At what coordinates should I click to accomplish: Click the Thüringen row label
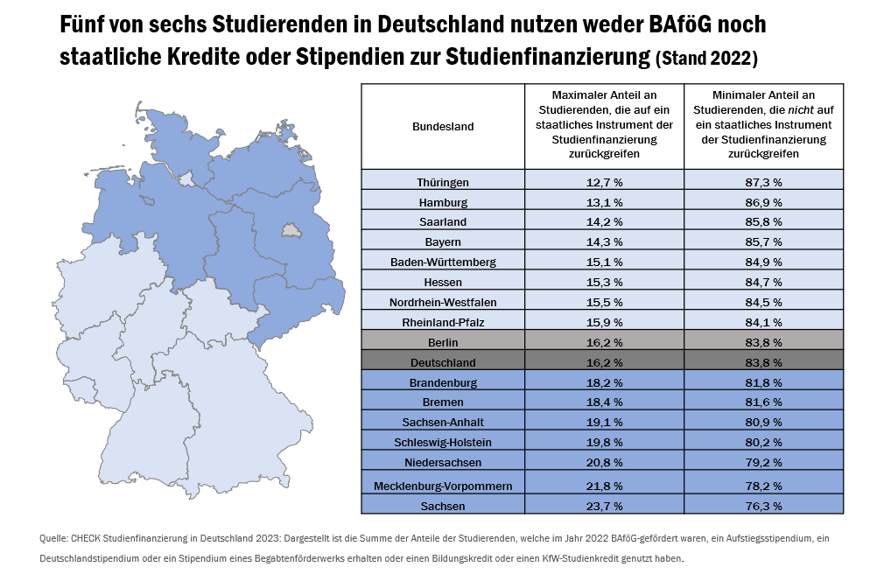point(443,182)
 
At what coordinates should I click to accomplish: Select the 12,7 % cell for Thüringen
point(604,182)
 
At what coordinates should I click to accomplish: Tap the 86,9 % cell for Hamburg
point(764,202)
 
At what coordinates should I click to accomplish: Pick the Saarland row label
point(443,222)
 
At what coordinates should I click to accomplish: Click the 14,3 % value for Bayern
point(604,241)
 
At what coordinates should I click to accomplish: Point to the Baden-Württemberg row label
point(443,262)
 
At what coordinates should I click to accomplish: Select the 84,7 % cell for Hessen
point(764,282)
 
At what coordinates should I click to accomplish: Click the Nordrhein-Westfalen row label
point(443,302)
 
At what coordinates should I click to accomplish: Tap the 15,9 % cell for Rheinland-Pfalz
point(604,322)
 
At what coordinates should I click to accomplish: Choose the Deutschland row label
point(443,362)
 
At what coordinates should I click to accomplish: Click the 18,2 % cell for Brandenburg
point(604,382)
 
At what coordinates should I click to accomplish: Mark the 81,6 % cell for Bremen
point(764,402)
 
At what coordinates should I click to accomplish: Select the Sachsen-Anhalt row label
point(443,422)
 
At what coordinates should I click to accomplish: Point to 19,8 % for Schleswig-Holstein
point(604,442)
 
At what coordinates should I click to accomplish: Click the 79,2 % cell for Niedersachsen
point(764,462)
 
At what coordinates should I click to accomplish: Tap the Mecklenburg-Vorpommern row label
point(443,485)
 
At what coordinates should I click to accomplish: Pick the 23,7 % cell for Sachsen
point(604,506)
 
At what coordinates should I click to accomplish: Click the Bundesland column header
point(443,126)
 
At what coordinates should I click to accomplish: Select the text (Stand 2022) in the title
point(706,59)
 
